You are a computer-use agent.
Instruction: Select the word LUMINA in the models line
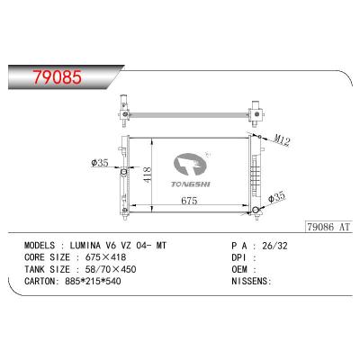(x=86, y=245)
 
